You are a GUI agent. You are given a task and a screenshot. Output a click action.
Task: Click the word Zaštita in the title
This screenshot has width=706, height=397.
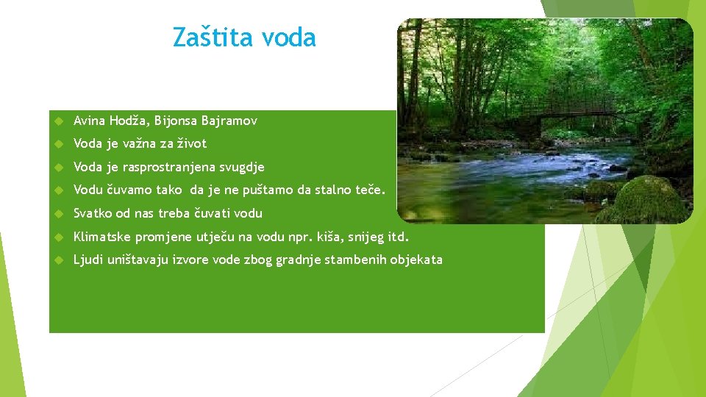[x=208, y=37]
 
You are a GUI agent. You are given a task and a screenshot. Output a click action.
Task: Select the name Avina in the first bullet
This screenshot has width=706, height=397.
[x=90, y=121]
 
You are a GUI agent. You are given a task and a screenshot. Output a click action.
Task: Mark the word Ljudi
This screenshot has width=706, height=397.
[x=88, y=260]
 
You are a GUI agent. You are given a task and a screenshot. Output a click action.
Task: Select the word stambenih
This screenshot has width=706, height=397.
[x=355, y=260]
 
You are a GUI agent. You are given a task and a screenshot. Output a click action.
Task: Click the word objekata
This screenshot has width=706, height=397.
[x=416, y=260]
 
